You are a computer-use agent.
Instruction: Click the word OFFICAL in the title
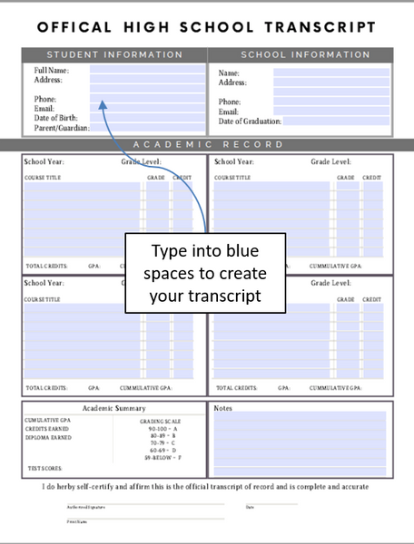pos(74,27)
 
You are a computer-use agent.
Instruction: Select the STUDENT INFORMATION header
pos(115,54)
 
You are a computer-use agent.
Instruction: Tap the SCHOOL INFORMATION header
pos(305,54)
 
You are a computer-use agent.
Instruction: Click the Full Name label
pos(51,70)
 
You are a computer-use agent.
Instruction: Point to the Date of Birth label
pos(56,118)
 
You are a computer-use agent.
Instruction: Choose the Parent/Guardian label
pos(61,128)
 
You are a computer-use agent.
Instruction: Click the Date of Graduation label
pos(250,121)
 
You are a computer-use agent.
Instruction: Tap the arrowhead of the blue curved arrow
pos(104,112)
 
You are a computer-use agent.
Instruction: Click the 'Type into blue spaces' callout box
pos(205,273)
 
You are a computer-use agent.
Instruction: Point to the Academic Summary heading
pos(113,409)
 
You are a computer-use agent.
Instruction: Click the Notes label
pos(223,408)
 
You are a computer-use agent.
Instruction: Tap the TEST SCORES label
pos(44,469)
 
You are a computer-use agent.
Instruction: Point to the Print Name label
pos(76,522)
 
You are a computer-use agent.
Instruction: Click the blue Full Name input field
pos(147,69)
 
